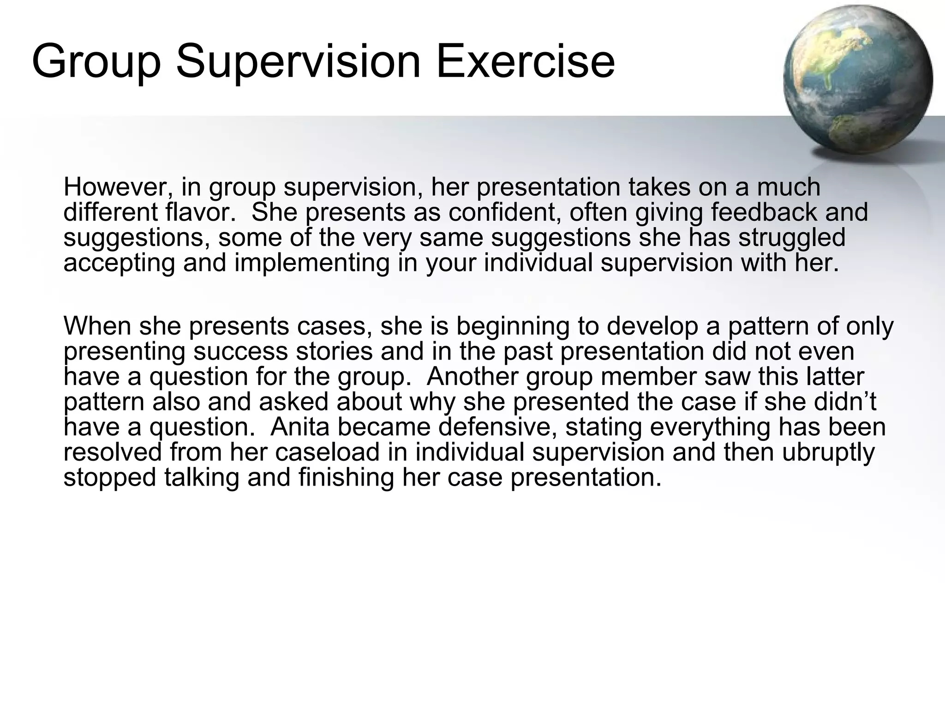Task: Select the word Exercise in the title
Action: click(x=525, y=61)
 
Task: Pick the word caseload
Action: click(x=327, y=452)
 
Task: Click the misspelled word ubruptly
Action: click(x=828, y=453)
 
